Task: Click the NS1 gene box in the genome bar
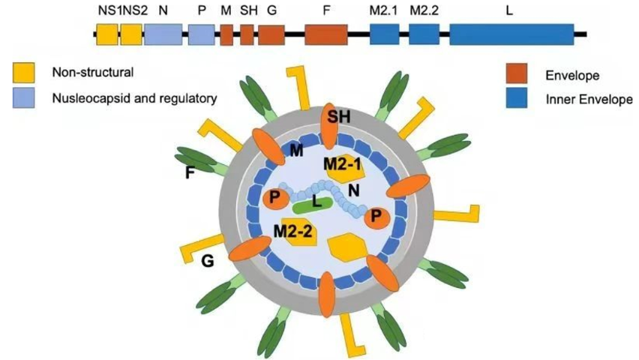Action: click(106, 34)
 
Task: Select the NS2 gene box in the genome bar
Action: click(131, 34)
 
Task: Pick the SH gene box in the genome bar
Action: click(247, 34)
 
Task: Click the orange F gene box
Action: click(326, 34)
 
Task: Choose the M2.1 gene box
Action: click(384, 34)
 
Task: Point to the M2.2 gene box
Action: click(424, 34)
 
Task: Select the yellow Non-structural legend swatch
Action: click(23, 73)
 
